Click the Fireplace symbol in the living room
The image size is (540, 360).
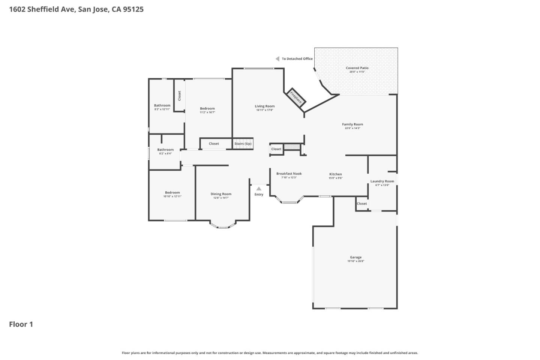pos(296,97)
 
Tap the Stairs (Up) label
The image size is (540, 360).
pos(243,144)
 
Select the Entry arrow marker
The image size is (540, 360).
pos(259,189)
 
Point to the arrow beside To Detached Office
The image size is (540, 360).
pos(277,59)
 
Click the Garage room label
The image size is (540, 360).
pos(355,258)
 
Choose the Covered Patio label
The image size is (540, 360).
pos(357,68)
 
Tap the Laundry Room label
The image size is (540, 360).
pos(382,181)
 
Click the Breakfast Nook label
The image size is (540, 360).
pos(289,174)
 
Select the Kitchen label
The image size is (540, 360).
pos(335,174)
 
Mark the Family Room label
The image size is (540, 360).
pos(352,124)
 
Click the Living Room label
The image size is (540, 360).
pos(265,106)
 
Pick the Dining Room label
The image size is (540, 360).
pos(221,194)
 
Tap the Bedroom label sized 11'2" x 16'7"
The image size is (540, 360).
pos(207,109)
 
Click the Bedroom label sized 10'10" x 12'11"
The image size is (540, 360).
pos(172,193)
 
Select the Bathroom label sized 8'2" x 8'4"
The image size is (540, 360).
pos(165,150)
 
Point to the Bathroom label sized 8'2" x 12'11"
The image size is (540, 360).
pos(162,106)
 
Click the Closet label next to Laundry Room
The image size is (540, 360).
pos(362,204)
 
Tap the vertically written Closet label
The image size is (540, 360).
pos(179,96)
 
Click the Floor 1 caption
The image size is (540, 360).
pos(21,324)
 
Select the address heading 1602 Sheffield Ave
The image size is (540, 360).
pos(76,9)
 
